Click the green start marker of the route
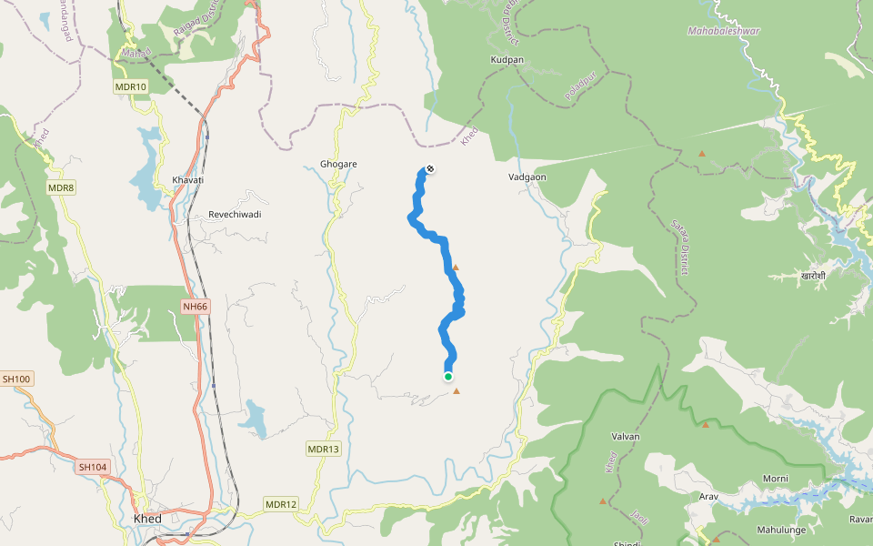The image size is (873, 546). (448, 376)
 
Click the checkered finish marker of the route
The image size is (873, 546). (429, 168)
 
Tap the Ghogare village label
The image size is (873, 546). (338, 164)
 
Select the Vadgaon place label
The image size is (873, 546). (527, 177)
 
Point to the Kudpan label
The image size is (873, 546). (507, 60)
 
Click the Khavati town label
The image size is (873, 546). (188, 180)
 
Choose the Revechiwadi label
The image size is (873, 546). (235, 214)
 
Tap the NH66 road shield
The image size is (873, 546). (195, 307)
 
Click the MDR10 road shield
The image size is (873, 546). (130, 86)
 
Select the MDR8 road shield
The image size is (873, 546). (61, 187)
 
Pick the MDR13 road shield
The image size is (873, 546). (323, 449)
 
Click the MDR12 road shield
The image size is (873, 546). (281, 504)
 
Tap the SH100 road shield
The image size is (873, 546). (16, 379)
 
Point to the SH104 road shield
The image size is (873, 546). (93, 467)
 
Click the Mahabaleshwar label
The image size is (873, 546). (723, 31)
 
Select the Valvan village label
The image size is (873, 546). (627, 437)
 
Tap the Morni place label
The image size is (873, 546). (775, 479)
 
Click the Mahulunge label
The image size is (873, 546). (781, 529)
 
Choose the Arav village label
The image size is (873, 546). (708, 497)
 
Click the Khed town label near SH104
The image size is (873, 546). (147, 519)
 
